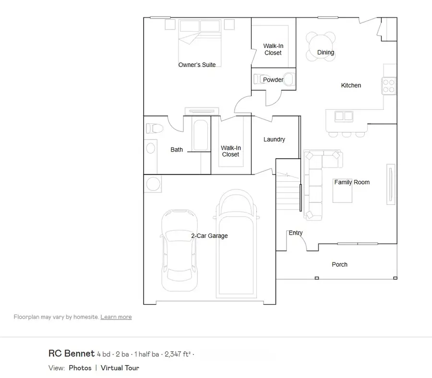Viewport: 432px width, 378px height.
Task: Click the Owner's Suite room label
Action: pyautogui.click(x=197, y=65)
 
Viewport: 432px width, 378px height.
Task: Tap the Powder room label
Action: pyautogui.click(x=273, y=80)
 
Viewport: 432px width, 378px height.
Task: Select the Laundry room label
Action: pyautogui.click(x=274, y=139)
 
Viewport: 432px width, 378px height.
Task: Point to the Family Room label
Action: pyautogui.click(x=352, y=182)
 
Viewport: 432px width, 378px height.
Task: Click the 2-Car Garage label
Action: pyautogui.click(x=209, y=236)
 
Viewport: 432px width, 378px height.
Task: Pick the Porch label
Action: pyautogui.click(x=339, y=265)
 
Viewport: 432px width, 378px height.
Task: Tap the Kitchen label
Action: pyautogui.click(x=351, y=85)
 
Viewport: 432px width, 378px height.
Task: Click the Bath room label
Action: pyautogui.click(x=177, y=150)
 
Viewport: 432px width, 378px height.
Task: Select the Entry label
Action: pyautogui.click(x=296, y=233)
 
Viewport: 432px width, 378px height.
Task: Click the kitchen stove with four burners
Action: pyautogui.click(x=389, y=86)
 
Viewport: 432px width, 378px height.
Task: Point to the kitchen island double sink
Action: pyautogui.click(x=344, y=116)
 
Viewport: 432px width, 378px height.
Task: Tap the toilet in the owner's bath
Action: pyautogui.click(x=154, y=128)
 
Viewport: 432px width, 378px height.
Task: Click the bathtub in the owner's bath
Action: pyautogui.click(x=201, y=135)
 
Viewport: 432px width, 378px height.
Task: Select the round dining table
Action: pyautogui.click(x=321, y=47)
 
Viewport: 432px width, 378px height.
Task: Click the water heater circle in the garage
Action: pyautogui.click(x=153, y=184)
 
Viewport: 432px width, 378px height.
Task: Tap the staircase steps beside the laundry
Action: pyautogui.click(x=288, y=193)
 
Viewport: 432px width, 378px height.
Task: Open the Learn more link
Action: pyautogui.click(x=116, y=317)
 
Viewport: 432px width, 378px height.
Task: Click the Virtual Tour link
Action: pyautogui.click(x=120, y=368)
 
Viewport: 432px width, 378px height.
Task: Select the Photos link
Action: pyautogui.click(x=80, y=368)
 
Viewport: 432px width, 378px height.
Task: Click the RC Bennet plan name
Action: pyautogui.click(x=72, y=354)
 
